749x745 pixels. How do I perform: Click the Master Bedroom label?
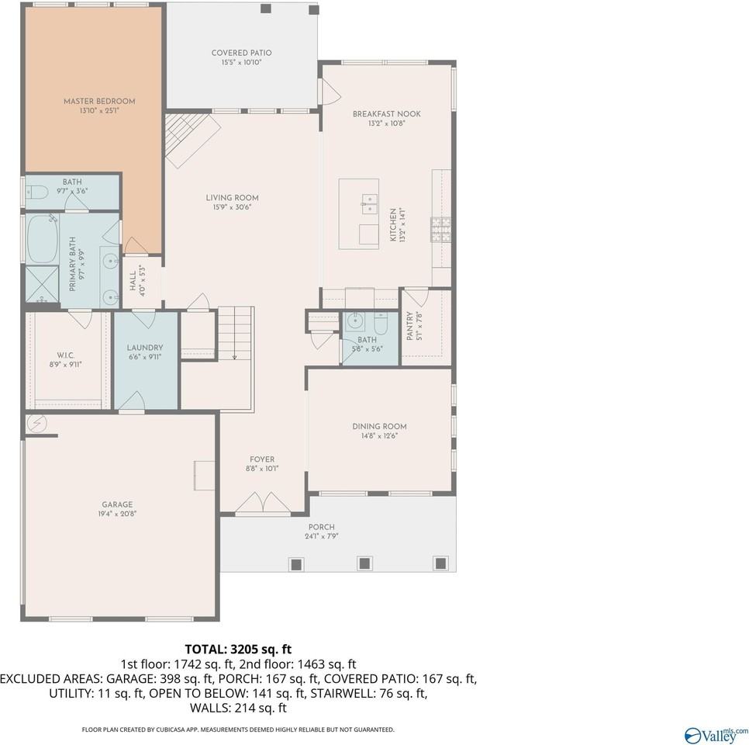(99, 101)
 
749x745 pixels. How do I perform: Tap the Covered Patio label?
(241, 53)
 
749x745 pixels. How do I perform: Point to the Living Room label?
(232, 198)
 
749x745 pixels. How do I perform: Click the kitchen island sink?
(368, 203)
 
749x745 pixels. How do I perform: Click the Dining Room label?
(379, 426)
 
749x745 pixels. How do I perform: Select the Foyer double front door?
(263, 504)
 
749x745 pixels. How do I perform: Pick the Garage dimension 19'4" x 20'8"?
(117, 514)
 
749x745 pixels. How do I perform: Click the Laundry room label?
(145, 348)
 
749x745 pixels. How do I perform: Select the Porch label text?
(321, 527)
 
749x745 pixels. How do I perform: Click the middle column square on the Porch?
(364, 563)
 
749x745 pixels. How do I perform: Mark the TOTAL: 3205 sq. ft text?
(238, 649)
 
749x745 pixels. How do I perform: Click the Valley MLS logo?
(716, 733)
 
